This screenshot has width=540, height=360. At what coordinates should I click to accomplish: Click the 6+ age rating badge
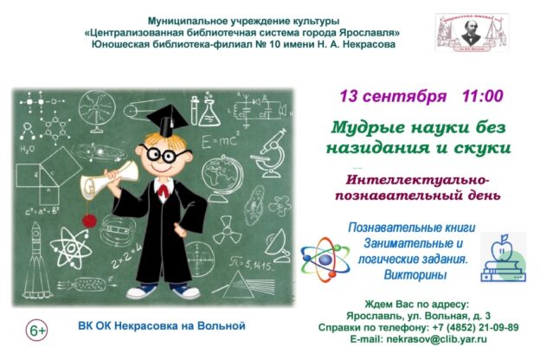[37, 330]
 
